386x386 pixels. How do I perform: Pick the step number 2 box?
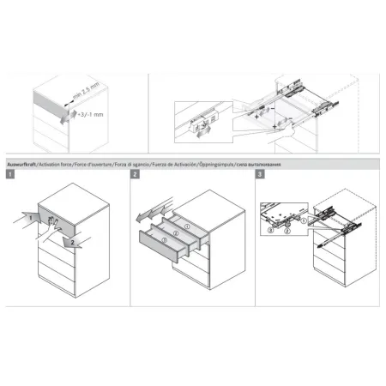click(136, 175)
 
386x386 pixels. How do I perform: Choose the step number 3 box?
click(260, 175)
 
